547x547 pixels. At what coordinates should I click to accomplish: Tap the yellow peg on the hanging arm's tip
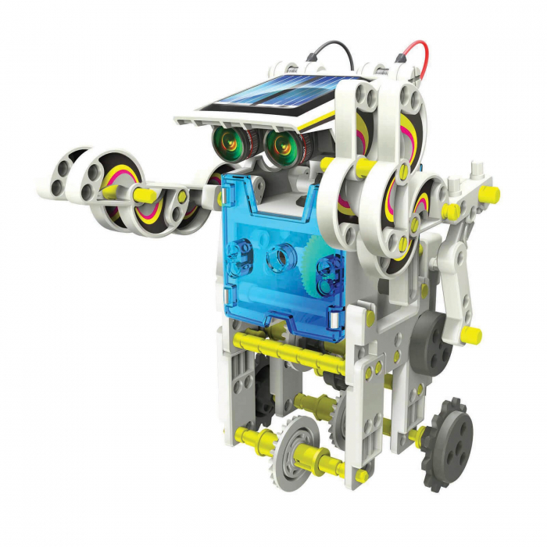coord(470,335)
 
